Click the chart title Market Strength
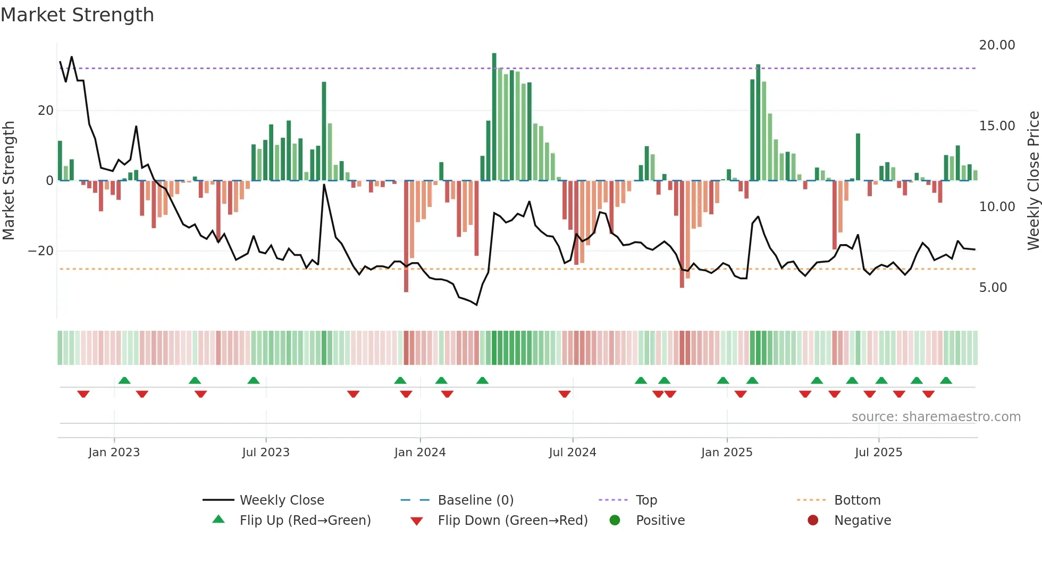[77, 15]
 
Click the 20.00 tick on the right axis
[997, 45]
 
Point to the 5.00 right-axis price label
[993, 288]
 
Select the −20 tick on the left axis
[41, 251]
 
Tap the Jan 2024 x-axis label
[419, 453]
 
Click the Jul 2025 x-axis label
[878, 453]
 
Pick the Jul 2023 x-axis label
[265, 453]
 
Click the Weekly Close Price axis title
[1033, 180]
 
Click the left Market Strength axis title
[9, 180]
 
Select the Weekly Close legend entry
[281, 500]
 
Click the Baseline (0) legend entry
[475, 500]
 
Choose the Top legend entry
[646, 500]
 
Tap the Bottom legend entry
[857, 500]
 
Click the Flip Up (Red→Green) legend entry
[305, 521]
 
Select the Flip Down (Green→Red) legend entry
[512, 521]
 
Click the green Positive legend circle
[615, 521]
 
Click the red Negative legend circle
[813, 521]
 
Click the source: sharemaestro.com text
[936, 417]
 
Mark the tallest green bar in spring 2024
[494, 117]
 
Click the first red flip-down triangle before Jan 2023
[83, 394]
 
